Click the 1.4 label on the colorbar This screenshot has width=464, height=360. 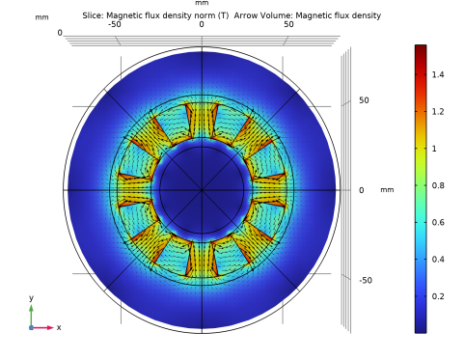tap(438, 74)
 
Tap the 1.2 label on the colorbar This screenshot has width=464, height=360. tap(438, 112)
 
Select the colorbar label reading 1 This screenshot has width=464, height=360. tap(434, 149)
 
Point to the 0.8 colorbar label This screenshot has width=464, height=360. tap(438, 185)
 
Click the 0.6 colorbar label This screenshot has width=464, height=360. tap(438, 222)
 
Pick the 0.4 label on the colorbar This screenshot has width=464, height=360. tap(438, 260)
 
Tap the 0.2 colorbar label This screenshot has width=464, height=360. tap(438, 296)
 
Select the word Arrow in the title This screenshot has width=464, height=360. tap(247, 15)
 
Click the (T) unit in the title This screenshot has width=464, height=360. tap(223, 15)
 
